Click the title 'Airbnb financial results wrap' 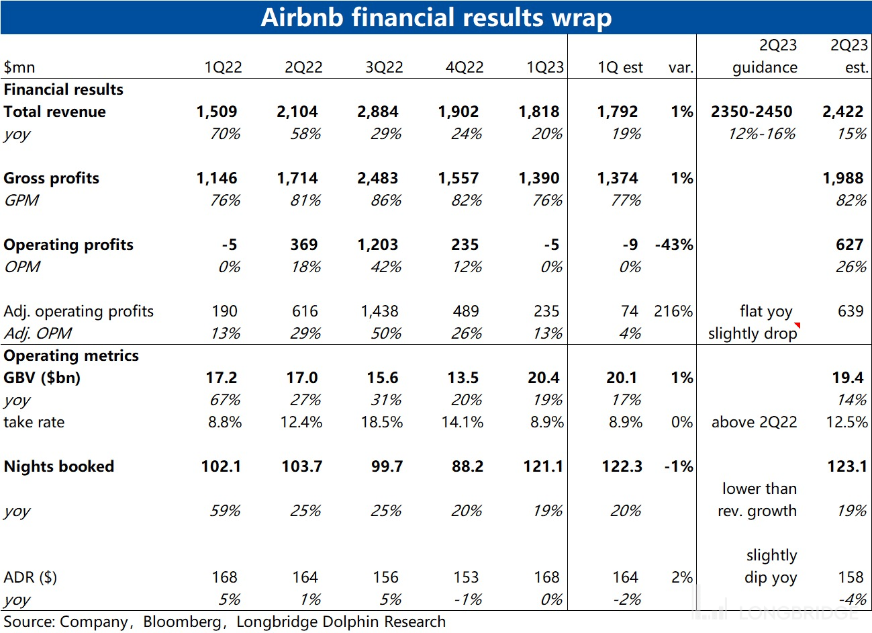(x=436, y=17)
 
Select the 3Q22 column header (x=384, y=67)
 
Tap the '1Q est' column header (x=620, y=67)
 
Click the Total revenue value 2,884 (x=377, y=112)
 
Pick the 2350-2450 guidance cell (x=751, y=112)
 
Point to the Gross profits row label (x=51, y=178)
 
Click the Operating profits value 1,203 (x=377, y=245)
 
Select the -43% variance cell (x=674, y=245)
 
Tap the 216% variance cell (x=673, y=311)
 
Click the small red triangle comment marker (x=797, y=326)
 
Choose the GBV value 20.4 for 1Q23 (x=543, y=378)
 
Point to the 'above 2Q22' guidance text (x=754, y=422)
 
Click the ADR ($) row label (x=30, y=577)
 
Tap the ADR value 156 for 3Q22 (x=385, y=577)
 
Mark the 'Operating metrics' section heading (x=71, y=355)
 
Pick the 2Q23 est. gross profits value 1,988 (x=842, y=178)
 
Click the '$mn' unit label (x=19, y=67)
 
